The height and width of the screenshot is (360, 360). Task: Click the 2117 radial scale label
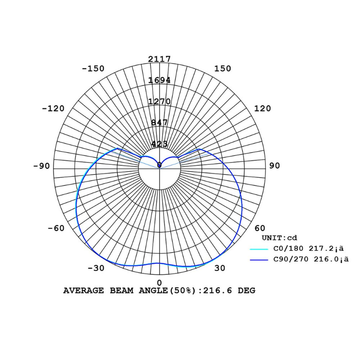tap(159, 59)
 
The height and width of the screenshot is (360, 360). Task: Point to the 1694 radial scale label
tap(159, 80)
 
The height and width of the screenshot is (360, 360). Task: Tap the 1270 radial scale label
tap(159, 101)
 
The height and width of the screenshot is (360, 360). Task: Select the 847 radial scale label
tap(159, 123)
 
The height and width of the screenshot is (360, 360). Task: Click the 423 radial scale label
tap(159, 144)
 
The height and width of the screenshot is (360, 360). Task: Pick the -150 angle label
tap(93, 68)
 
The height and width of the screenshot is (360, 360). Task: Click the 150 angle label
tap(222, 68)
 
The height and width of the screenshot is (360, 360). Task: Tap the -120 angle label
tap(53, 108)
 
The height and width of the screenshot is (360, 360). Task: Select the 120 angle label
tap(262, 108)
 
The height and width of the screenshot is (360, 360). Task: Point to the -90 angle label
tap(41, 166)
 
